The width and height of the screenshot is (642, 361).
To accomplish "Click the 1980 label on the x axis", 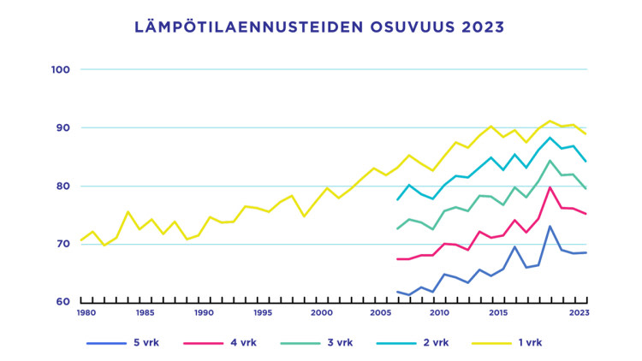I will [86, 313].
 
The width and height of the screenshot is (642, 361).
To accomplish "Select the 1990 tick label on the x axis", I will [204, 313].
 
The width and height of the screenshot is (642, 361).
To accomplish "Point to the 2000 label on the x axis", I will [322, 313].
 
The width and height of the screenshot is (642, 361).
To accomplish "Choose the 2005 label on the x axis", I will [381, 313].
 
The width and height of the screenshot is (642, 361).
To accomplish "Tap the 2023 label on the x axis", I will [580, 313].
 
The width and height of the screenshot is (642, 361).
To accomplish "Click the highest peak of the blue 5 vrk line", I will [550, 226].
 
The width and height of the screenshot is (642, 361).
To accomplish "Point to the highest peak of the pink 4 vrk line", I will [550, 187].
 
